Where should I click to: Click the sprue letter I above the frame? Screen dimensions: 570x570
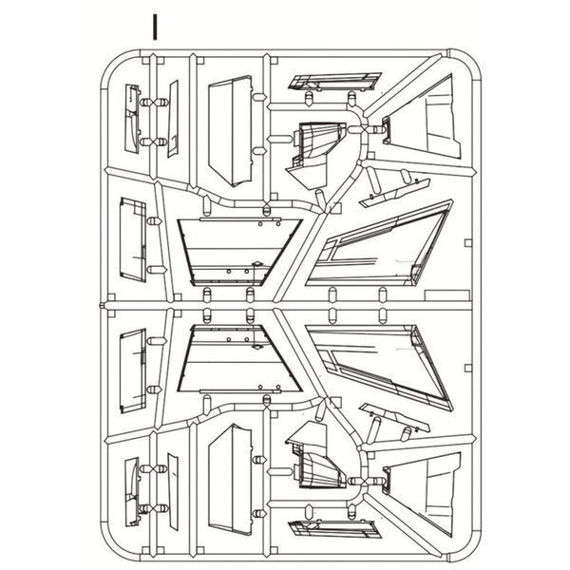tap(155, 28)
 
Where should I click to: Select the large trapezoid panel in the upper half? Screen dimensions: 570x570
tap(240, 252)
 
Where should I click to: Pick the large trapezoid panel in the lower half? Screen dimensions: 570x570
tap(240, 359)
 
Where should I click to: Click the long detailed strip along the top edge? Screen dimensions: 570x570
tap(334, 82)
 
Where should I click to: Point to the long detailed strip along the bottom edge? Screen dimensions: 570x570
tap(334, 528)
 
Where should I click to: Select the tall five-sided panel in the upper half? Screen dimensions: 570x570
tap(231, 131)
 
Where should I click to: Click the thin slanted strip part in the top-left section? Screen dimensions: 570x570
tap(173, 119)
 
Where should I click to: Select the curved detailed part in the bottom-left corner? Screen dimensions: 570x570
tap(132, 492)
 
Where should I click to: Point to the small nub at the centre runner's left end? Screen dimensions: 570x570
tap(103, 305)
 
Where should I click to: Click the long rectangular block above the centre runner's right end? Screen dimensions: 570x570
tap(447, 295)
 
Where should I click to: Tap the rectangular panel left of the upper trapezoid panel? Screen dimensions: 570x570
tap(133, 240)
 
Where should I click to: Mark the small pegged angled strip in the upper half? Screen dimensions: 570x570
tap(395, 193)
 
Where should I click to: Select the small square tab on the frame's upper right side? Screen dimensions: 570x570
tap(468, 243)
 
